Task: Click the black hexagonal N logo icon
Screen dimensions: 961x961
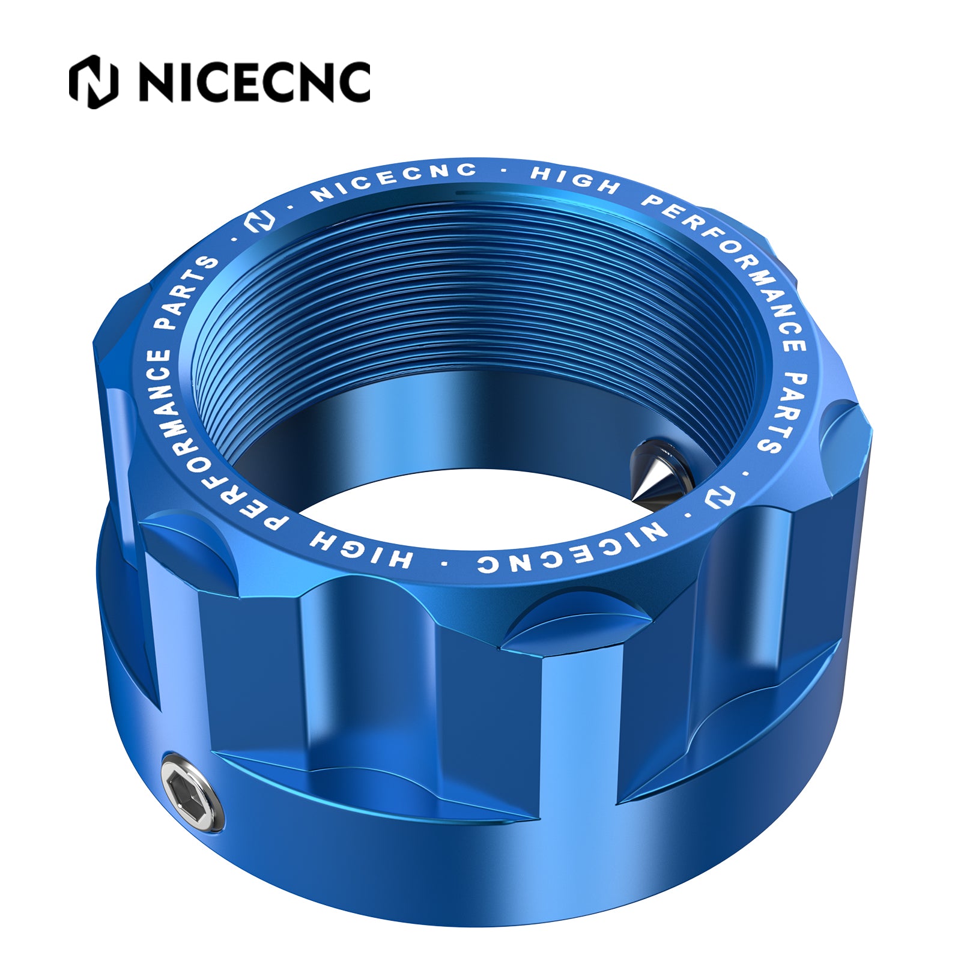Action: (x=93, y=82)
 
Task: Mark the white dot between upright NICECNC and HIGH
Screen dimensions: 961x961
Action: (x=503, y=172)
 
